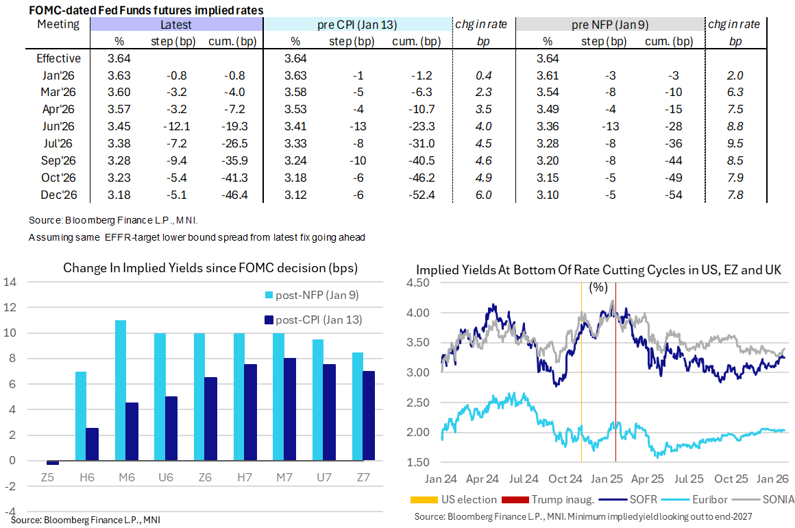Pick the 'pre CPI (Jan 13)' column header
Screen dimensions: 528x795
pos(356,25)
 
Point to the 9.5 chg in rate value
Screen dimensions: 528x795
pos(735,143)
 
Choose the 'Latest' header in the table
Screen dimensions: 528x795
pos(175,25)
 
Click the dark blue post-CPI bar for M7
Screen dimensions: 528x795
pos(291,409)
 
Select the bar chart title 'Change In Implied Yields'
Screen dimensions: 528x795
pos(210,267)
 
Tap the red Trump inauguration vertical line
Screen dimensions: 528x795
pos(615,370)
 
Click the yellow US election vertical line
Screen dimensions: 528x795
pos(581,370)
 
